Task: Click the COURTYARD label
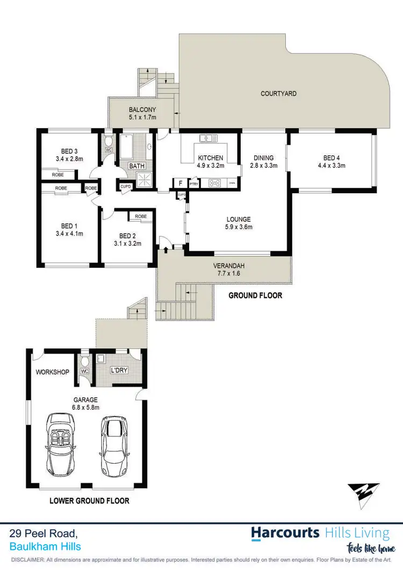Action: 278,93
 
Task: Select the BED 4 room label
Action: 330,162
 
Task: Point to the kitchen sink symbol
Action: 207,138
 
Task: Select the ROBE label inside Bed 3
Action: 58,175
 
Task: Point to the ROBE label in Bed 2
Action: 141,216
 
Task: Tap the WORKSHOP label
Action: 52,371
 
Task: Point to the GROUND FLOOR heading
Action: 255,296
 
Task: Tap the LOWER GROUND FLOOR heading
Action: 89,501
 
